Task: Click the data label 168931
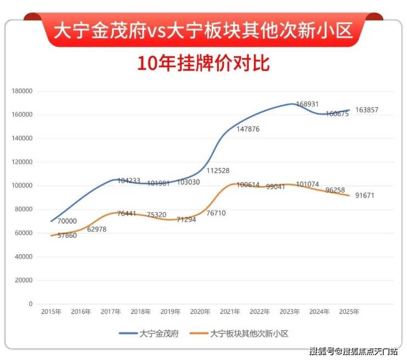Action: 307,104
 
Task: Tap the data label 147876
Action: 248,129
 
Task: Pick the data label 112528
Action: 218,170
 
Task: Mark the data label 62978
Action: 97,229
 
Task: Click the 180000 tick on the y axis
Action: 23,91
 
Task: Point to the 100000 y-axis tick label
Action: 23,186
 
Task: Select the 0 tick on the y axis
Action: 30,304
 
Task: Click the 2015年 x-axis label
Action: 51,312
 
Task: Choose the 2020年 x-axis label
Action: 200,312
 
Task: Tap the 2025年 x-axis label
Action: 348,312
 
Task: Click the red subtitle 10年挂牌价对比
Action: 204,63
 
